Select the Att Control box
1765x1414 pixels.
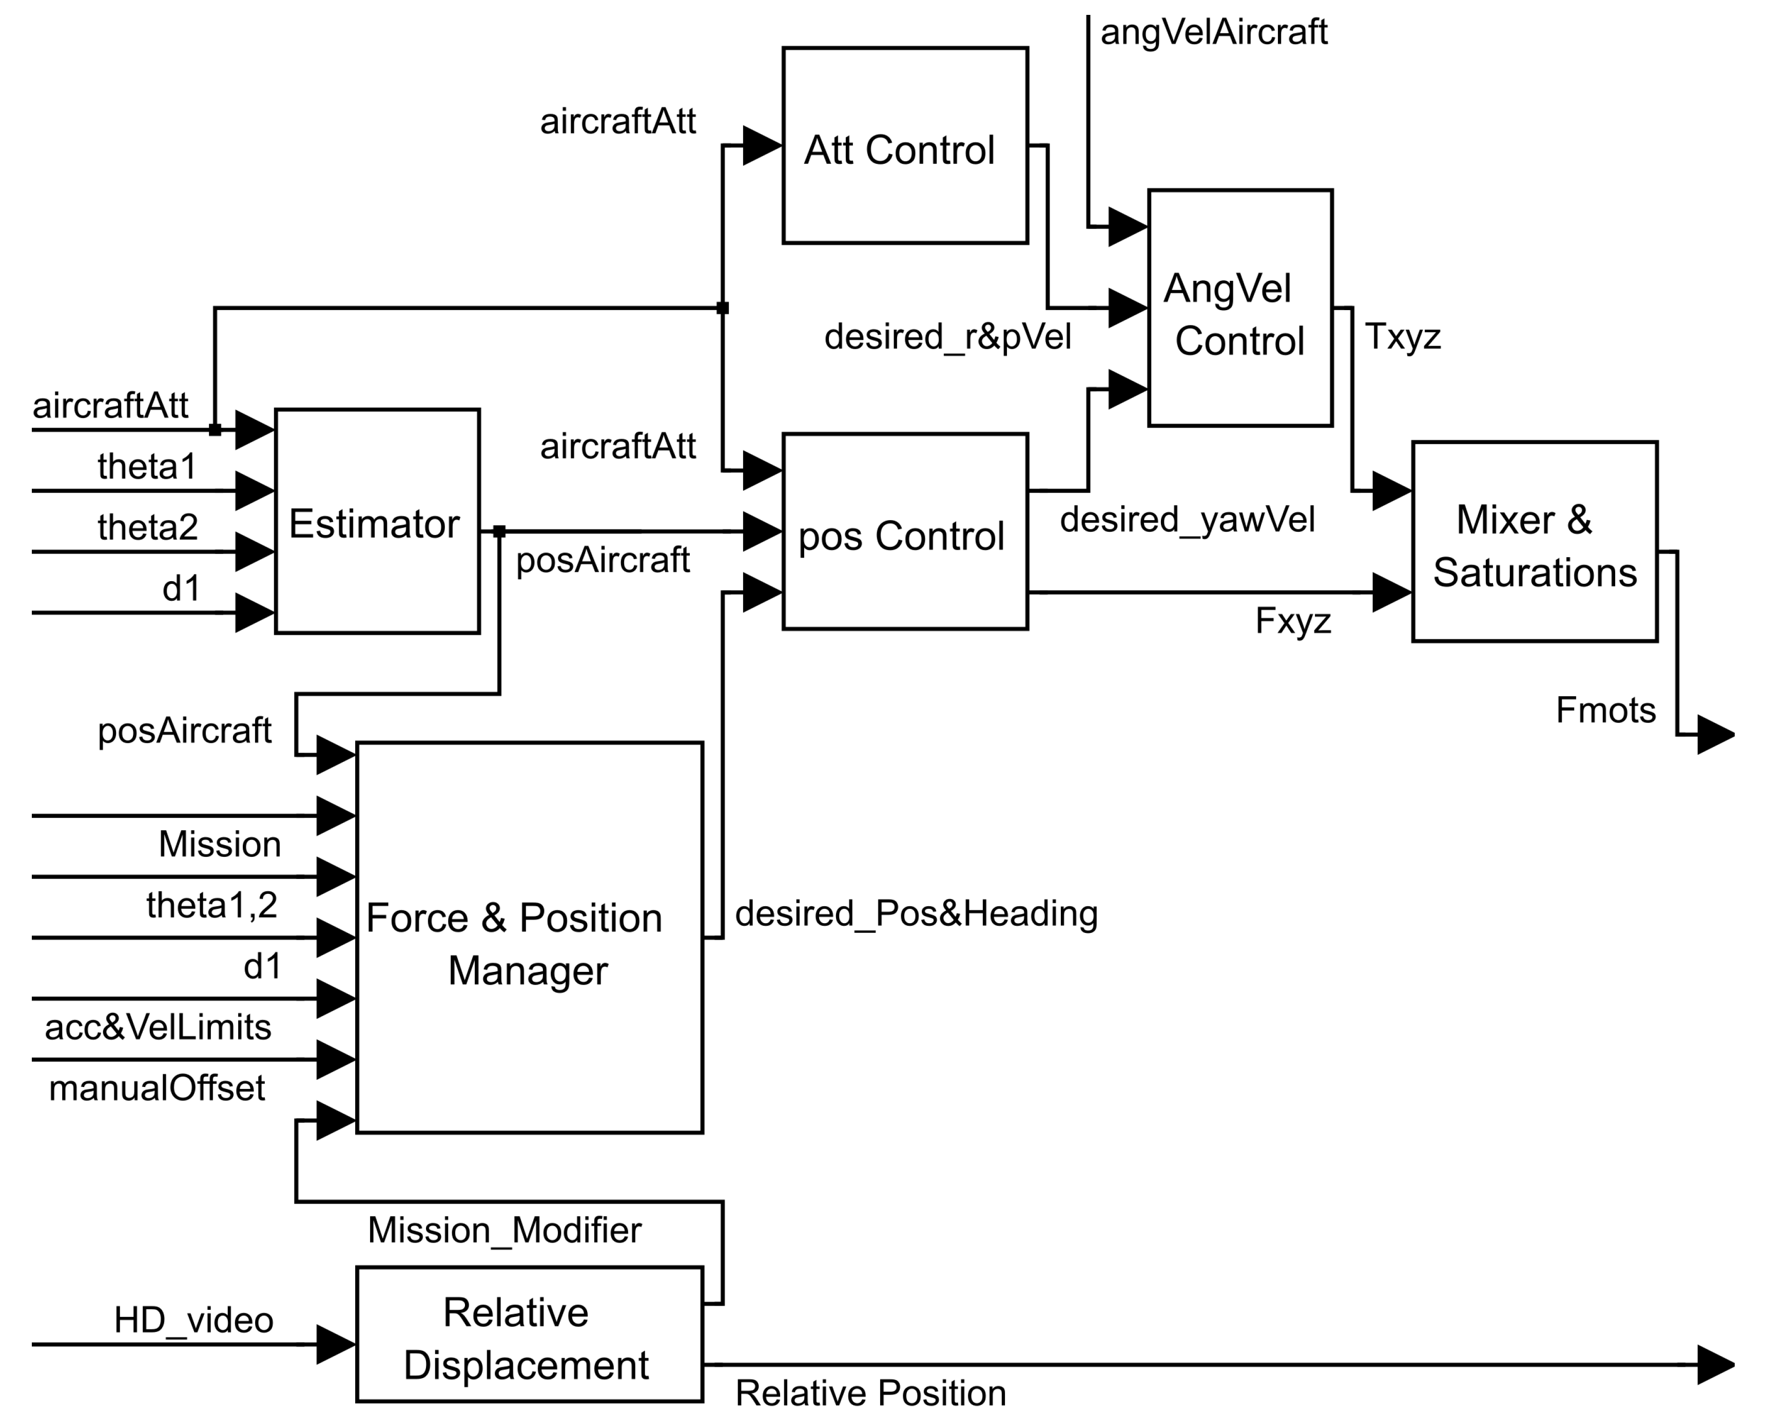coord(905,146)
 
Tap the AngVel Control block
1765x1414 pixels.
coord(1239,308)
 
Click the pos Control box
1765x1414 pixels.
coord(905,532)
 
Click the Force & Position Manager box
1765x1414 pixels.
coord(529,938)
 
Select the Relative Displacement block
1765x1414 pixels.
coord(529,1334)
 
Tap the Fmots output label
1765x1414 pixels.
coord(1604,711)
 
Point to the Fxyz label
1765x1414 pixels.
coord(1293,621)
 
